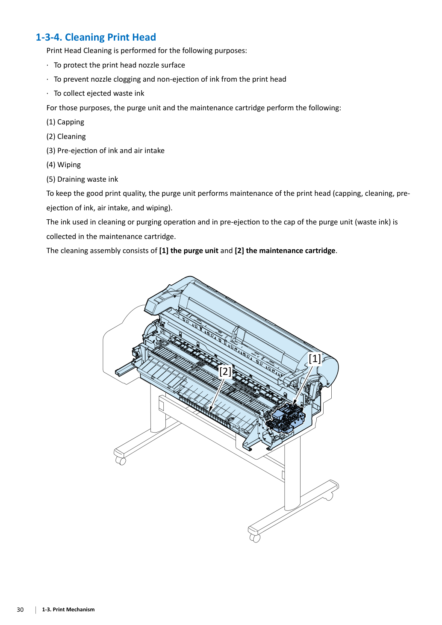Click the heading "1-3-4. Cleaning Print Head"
[x=96, y=37]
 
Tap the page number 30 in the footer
[x=20, y=610]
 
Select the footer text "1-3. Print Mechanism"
[x=68, y=610]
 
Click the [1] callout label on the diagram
[x=315, y=359]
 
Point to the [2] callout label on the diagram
[x=225, y=371]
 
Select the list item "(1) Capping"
[x=65, y=122]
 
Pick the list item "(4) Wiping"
[x=64, y=165]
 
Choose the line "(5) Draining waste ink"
[x=83, y=179]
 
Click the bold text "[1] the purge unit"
[x=189, y=251]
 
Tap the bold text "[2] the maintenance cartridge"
[x=285, y=251]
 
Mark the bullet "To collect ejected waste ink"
[x=99, y=93]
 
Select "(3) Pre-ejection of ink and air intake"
[x=106, y=150]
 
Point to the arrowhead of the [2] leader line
[x=210, y=409]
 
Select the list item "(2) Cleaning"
[x=66, y=136]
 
